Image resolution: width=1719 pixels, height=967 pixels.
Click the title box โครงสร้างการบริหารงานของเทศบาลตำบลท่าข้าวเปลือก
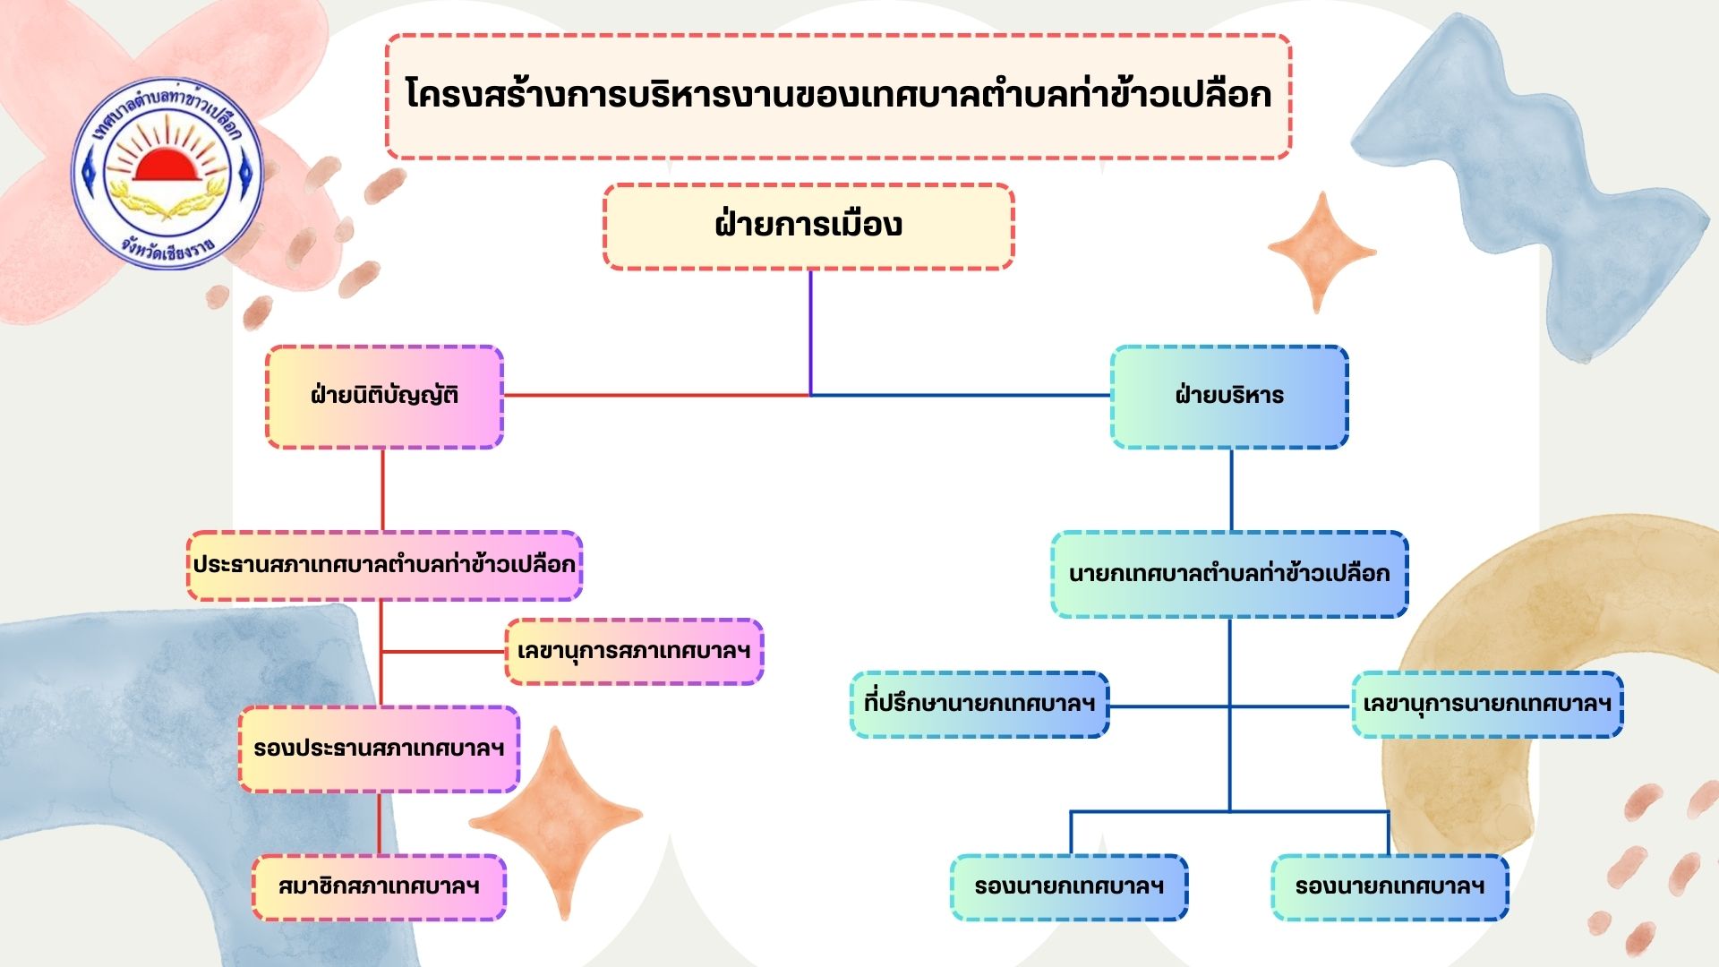tap(838, 96)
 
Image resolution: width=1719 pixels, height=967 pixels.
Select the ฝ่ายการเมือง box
tap(808, 226)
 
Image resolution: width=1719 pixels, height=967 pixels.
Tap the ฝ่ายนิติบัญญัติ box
tap(384, 396)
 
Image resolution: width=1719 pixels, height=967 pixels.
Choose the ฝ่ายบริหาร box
tap(1229, 396)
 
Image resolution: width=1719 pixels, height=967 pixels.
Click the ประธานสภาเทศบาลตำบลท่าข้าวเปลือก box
tap(384, 565)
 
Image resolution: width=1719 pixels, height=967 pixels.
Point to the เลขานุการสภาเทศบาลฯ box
tap(634, 651)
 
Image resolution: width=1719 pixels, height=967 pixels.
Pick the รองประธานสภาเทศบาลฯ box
tap(379, 749)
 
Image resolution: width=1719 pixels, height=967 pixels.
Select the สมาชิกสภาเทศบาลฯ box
tap(379, 886)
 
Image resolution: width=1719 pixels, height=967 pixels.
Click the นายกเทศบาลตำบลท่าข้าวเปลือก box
tap(1229, 573)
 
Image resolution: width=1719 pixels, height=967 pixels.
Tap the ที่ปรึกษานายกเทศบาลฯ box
tap(979, 704)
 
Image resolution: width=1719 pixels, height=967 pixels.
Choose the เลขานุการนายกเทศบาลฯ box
tap(1487, 704)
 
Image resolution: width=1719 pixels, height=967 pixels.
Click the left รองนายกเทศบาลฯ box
tap(1069, 886)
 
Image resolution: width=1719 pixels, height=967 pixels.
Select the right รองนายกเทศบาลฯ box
tap(1390, 886)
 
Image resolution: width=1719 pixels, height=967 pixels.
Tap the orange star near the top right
tap(1321, 252)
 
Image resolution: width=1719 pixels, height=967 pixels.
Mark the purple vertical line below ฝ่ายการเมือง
tap(810, 331)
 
